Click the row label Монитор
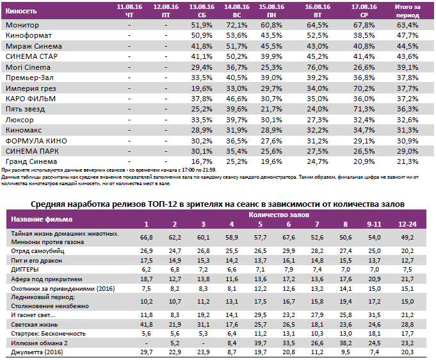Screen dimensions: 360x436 (22, 25)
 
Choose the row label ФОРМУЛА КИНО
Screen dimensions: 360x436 (36, 140)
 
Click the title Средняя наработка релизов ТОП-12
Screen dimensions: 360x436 (218, 203)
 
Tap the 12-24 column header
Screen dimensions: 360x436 (406, 224)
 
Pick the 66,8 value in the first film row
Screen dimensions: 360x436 (147, 238)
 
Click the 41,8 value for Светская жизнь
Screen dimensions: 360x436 (147, 325)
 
